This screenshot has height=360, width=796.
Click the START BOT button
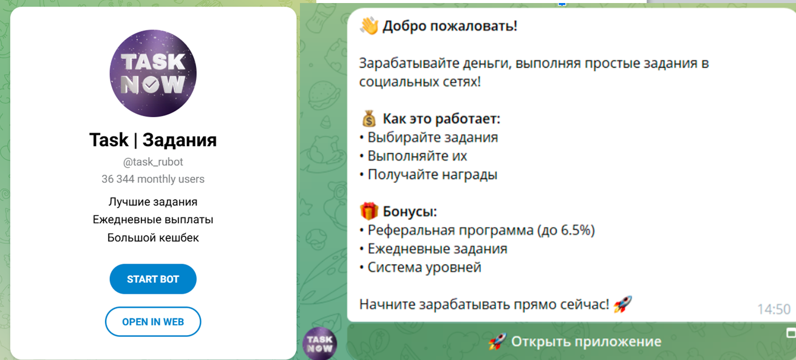click(x=153, y=279)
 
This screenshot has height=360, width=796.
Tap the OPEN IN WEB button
click(x=153, y=322)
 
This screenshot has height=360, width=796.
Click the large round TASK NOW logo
click(x=153, y=73)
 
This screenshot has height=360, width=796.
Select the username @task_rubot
click(x=153, y=162)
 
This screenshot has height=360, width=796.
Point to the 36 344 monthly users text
click(x=153, y=179)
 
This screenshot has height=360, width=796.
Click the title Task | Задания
click(x=153, y=140)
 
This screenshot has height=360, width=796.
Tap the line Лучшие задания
click(x=153, y=202)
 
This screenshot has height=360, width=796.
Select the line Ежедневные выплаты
click(x=153, y=219)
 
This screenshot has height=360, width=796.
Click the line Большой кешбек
click(x=153, y=237)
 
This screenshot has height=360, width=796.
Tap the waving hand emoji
click(x=369, y=26)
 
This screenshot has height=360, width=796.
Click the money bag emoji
click(x=369, y=118)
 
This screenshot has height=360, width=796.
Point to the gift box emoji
click(x=369, y=211)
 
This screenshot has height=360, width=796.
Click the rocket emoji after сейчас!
click(x=622, y=304)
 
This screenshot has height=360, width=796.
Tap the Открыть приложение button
click(x=574, y=342)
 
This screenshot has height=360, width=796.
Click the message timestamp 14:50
click(x=774, y=309)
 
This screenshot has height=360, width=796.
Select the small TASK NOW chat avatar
click(x=319, y=344)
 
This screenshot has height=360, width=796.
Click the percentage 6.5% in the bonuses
click(x=576, y=230)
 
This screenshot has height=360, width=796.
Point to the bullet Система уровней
click(x=424, y=267)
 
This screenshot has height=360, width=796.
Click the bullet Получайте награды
click(x=432, y=175)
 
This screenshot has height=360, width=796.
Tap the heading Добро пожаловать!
click(x=449, y=27)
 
